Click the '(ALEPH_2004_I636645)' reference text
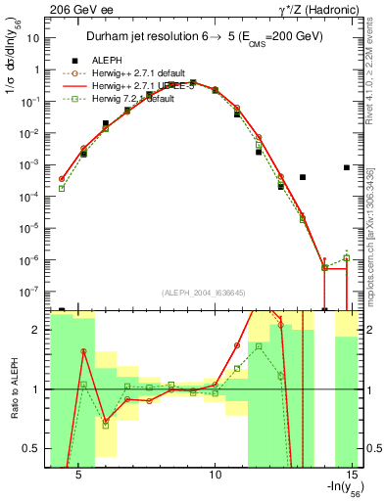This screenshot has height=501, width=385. point(203,292)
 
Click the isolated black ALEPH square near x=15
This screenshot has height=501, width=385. point(348,167)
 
